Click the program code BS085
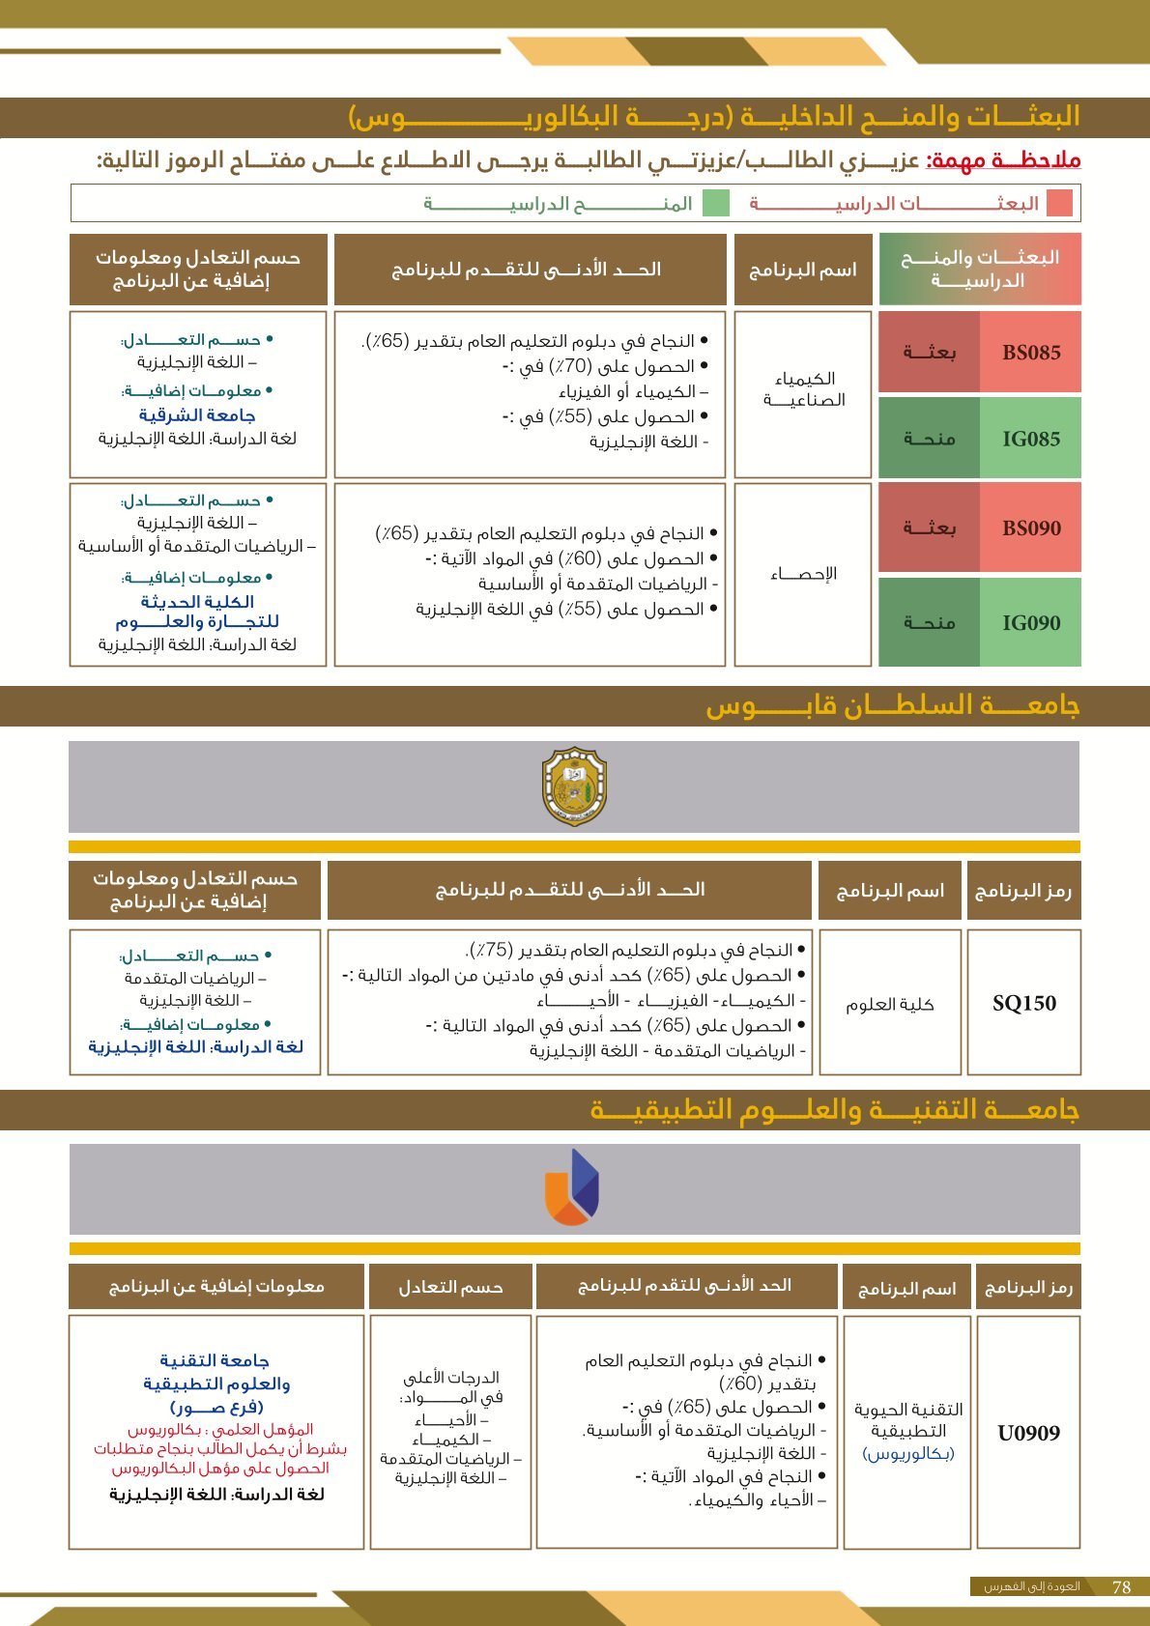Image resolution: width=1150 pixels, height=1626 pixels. pos(1031,353)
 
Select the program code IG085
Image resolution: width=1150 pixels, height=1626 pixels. pos(1031,439)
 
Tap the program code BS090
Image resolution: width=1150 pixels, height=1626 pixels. pos(1031,528)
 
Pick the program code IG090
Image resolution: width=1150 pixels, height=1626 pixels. pos(1031,623)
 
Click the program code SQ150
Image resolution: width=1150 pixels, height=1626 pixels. pos(1024,1003)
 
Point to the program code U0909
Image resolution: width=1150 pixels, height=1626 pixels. pos(1028,1433)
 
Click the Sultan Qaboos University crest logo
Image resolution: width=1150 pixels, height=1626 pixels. pos(574,786)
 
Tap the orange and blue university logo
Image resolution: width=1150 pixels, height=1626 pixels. pos(572,1187)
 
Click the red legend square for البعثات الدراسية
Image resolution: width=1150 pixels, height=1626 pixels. pos(1059,203)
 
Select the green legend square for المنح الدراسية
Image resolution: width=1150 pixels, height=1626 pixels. pos(715,203)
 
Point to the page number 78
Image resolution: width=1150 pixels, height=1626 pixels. pos(1121,1587)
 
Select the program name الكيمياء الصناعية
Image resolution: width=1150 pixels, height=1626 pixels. pos(804,388)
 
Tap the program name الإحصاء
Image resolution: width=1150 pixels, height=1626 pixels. pos(803,574)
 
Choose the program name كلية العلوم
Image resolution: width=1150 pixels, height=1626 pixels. pos(889,1005)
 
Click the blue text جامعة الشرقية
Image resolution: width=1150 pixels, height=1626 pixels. pos(197,414)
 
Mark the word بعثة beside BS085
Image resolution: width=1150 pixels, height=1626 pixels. pos(929,353)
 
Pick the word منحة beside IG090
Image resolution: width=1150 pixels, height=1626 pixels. pos(929,623)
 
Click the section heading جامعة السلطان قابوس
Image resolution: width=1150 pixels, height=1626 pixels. pos(892,705)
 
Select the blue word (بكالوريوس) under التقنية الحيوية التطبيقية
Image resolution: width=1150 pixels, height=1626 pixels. pos(907,1453)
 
